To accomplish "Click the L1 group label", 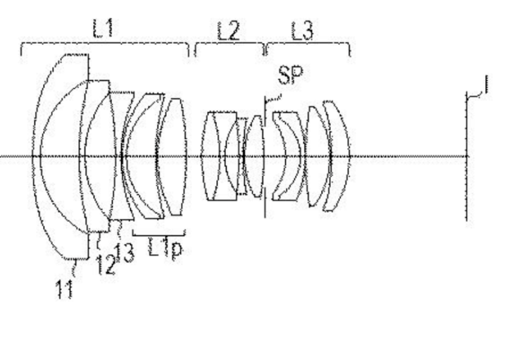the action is pyautogui.click(x=103, y=28).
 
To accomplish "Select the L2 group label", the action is pyautogui.click(x=228, y=31).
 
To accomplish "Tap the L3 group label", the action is pyautogui.click(x=302, y=31).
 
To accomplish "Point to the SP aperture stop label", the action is pyautogui.click(x=290, y=75).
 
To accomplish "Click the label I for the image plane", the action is pyautogui.click(x=487, y=85).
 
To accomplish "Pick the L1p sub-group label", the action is pyautogui.click(x=165, y=248).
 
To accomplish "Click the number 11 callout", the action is pyautogui.click(x=65, y=289).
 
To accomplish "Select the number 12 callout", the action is pyautogui.click(x=106, y=265).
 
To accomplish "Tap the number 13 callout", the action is pyautogui.click(x=125, y=253).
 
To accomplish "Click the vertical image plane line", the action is pyautogui.click(x=467, y=156).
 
